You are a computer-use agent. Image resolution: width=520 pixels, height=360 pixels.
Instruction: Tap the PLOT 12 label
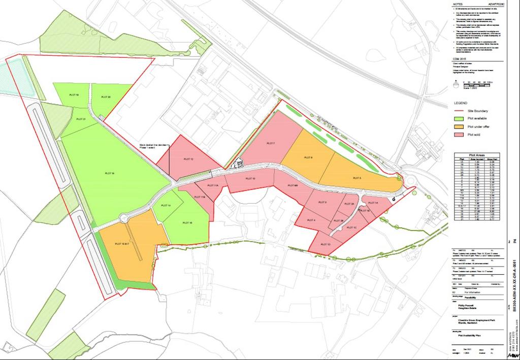[188, 159]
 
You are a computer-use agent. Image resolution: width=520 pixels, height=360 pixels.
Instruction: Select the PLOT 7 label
[270, 144]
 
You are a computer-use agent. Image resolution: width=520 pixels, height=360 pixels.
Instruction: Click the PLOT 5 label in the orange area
[356, 178]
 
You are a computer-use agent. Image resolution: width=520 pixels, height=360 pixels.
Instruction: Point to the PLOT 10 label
[250, 179]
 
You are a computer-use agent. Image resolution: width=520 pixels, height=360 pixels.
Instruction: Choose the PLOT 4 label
[311, 219]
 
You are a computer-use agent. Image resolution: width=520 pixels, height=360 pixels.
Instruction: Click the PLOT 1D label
[326, 245]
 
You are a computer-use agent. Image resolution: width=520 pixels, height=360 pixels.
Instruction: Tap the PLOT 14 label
[166, 205]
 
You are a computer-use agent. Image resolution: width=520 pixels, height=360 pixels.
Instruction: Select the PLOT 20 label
[106, 96]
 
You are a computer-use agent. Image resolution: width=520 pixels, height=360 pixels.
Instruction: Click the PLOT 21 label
[80, 118]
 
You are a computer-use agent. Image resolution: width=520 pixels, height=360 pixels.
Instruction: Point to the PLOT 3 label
[322, 202]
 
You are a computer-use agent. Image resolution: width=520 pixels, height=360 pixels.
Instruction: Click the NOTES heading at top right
[458, 5]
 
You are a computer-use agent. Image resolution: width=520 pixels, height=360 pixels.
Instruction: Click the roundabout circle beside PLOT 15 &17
[124, 219]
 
